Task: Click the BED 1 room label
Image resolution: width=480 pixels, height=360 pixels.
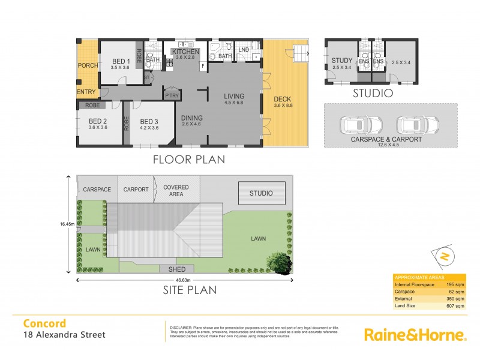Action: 121,62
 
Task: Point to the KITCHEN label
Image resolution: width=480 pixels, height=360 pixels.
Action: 186,52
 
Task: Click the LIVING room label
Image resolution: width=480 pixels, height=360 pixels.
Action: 235,96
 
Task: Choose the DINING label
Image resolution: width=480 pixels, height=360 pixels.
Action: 192,118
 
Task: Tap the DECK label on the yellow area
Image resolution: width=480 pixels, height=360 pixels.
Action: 282,100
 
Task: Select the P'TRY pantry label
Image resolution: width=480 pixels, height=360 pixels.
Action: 173,96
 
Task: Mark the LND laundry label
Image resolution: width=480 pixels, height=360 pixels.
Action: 244,49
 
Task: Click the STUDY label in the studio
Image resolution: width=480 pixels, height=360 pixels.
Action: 342,60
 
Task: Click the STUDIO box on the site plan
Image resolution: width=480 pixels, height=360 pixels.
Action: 262,193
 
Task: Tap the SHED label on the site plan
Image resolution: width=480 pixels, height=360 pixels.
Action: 177,269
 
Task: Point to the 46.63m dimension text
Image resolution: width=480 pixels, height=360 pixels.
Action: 184,280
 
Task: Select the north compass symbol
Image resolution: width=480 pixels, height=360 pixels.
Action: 444,257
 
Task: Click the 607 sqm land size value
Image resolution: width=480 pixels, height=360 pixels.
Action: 455,305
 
